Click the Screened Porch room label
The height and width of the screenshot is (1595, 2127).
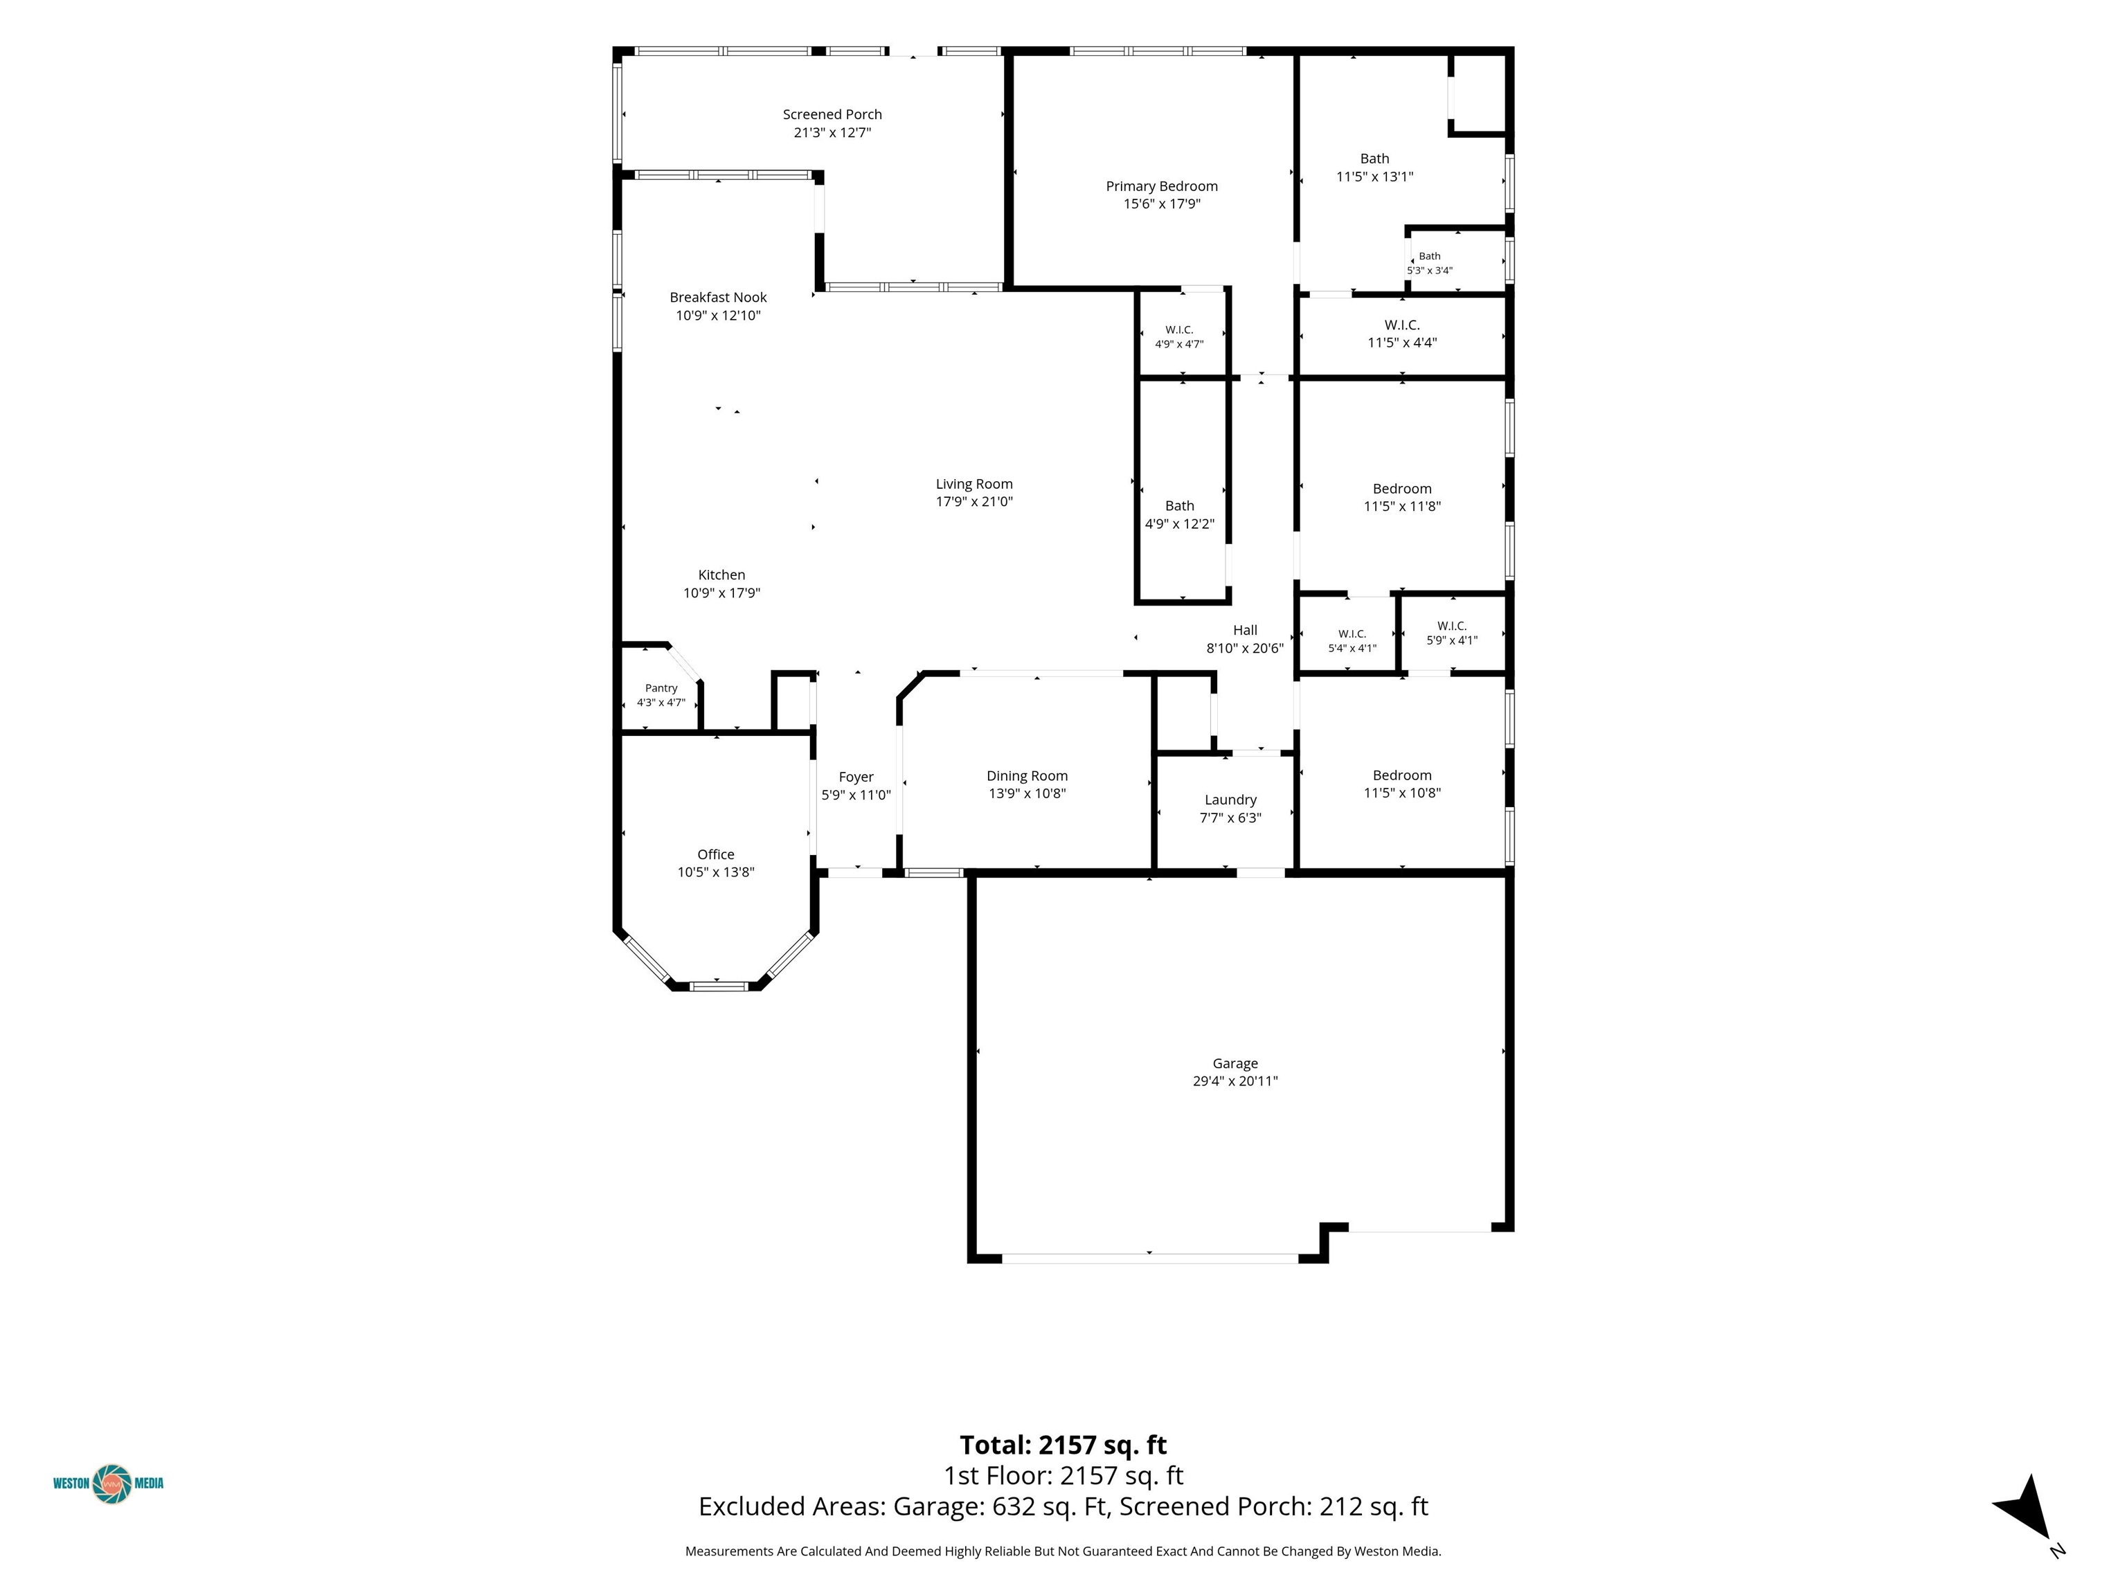pyautogui.click(x=832, y=114)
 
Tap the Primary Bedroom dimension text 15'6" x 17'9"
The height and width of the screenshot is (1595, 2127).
pyautogui.click(x=1162, y=204)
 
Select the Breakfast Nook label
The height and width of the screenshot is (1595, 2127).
pyautogui.click(x=718, y=297)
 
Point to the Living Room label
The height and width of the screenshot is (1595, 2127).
pyautogui.click(x=974, y=484)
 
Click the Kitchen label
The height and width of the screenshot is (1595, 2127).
pyautogui.click(x=721, y=575)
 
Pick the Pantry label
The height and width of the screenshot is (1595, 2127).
pyautogui.click(x=661, y=688)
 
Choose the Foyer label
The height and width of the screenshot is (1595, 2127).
pyautogui.click(x=856, y=777)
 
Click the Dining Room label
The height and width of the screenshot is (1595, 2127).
pyautogui.click(x=1027, y=776)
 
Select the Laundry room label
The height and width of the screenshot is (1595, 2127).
pyautogui.click(x=1231, y=800)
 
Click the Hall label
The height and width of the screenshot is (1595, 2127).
pyautogui.click(x=1245, y=630)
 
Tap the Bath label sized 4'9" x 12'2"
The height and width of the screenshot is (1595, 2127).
pyautogui.click(x=1180, y=506)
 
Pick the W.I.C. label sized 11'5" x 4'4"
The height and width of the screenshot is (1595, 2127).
pyautogui.click(x=1402, y=325)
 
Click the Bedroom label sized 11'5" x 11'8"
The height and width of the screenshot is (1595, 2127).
pyautogui.click(x=1402, y=489)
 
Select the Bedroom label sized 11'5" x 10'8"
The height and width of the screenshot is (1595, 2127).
pyautogui.click(x=1402, y=775)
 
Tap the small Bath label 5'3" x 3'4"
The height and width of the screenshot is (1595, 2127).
pyautogui.click(x=1430, y=255)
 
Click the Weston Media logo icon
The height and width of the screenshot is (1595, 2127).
pyautogui.click(x=111, y=1484)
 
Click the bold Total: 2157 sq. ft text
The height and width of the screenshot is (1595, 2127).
pyautogui.click(x=1063, y=1445)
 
